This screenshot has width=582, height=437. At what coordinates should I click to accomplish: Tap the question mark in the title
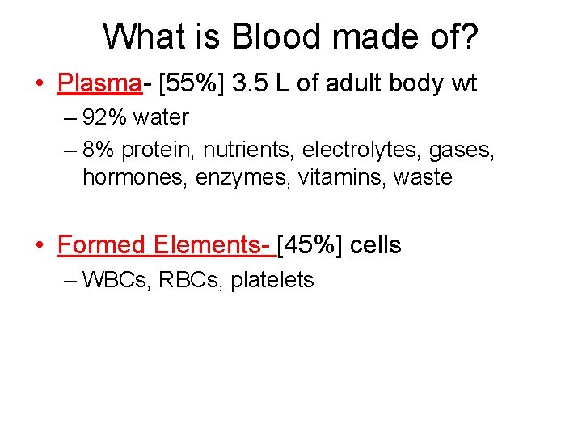tap(470, 36)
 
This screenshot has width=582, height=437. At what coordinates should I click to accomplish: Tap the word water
tap(161, 118)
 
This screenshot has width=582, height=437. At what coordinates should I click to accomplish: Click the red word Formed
tap(101, 244)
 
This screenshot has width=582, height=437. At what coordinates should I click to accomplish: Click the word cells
tap(376, 244)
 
